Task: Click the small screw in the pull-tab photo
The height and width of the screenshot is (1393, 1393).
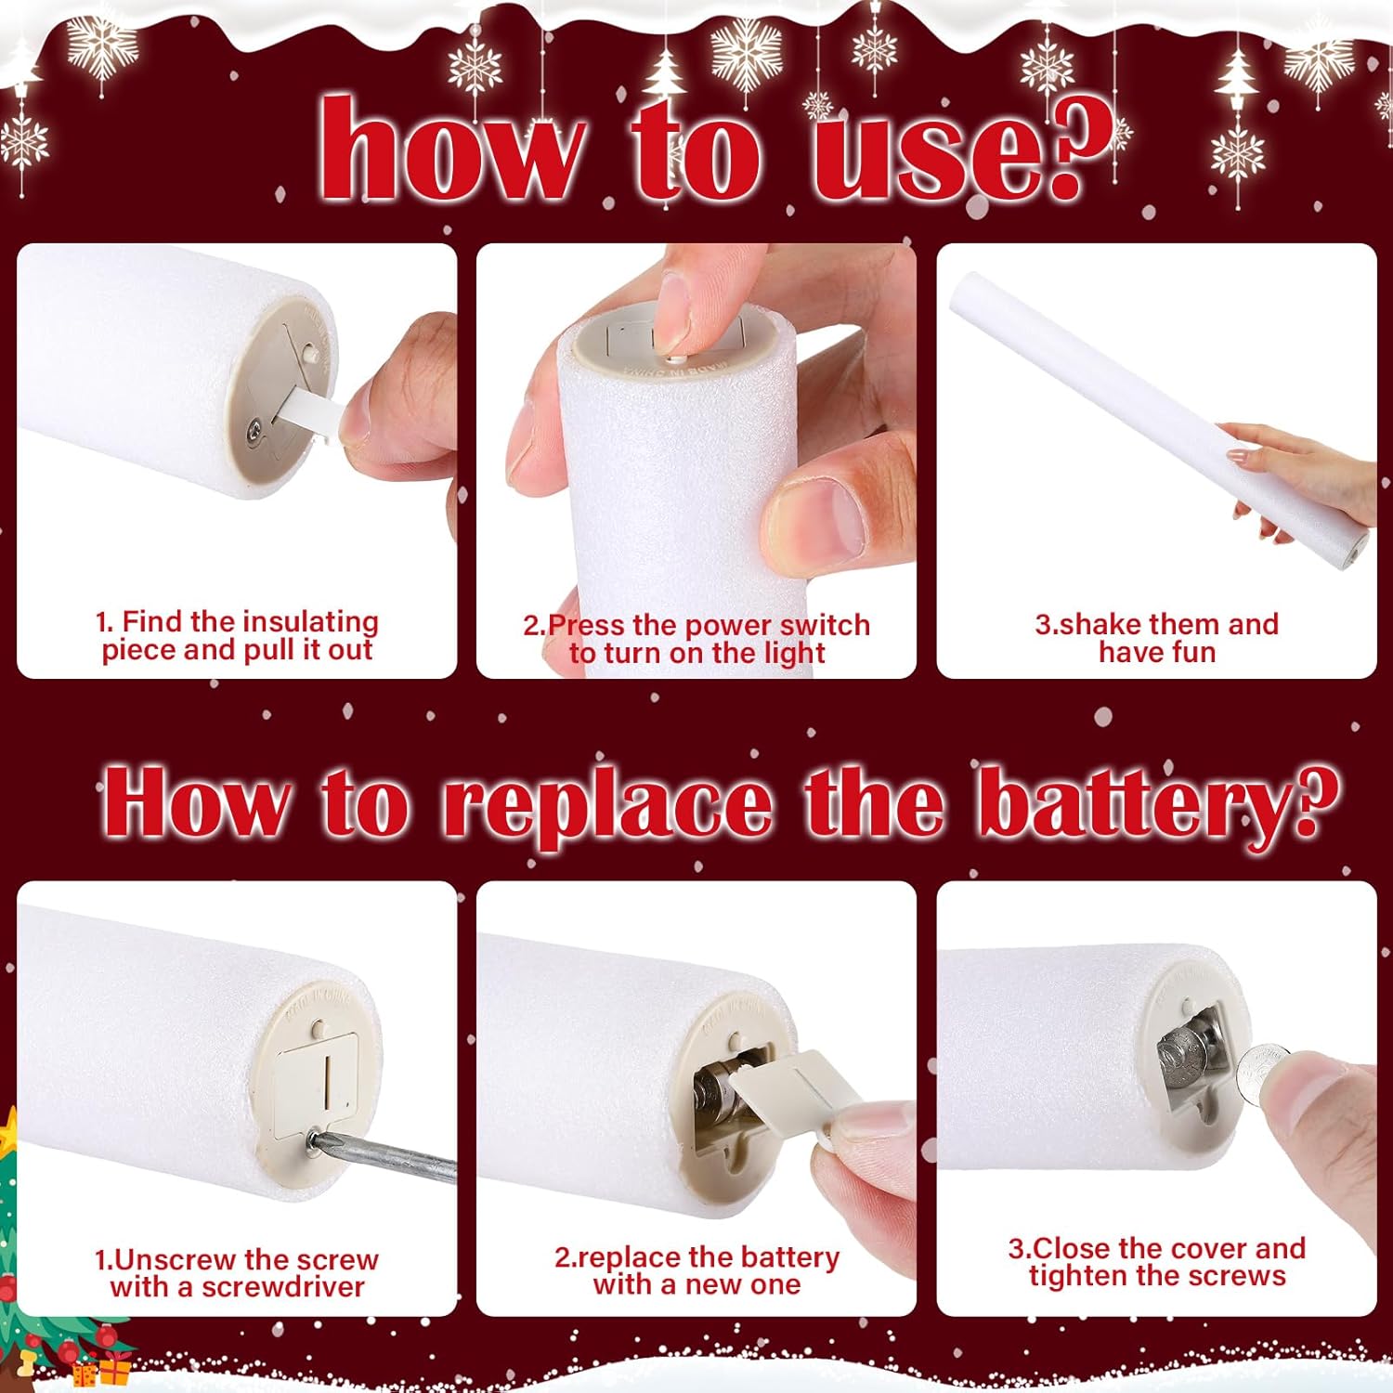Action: tap(253, 428)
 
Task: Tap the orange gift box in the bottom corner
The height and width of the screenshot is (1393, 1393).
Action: tap(114, 1369)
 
